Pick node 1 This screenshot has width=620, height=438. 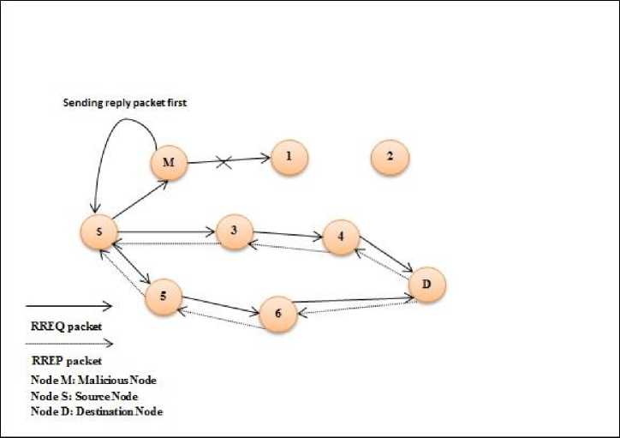(x=289, y=157)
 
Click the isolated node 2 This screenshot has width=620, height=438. (x=390, y=157)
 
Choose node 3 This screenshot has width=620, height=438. (x=234, y=231)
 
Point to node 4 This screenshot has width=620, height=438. (x=340, y=237)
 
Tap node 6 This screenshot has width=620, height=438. (x=277, y=314)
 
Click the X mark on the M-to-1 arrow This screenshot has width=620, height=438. (x=225, y=160)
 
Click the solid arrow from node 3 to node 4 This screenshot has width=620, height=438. (x=287, y=232)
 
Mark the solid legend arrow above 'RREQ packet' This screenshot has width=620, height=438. (x=69, y=305)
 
